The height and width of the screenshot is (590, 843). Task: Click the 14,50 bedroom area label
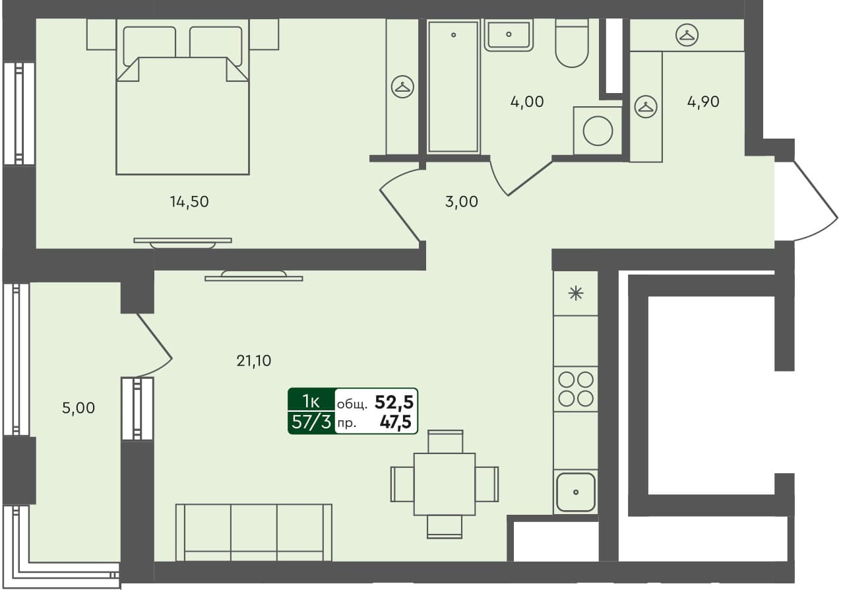(189, 203)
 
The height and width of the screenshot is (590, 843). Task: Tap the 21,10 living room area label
(254, 360)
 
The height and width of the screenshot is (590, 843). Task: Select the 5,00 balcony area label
(78, 409)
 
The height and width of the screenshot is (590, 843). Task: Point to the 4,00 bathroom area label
(527, 102)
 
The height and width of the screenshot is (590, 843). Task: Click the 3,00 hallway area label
(462, 203)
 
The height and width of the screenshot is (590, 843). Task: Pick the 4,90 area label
(702, 102)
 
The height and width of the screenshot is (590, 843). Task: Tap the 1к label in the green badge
(311, 401)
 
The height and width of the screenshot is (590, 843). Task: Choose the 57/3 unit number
(311, 423)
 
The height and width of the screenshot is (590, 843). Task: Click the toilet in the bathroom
(571, 45)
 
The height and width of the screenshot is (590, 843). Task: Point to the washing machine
(598, 130)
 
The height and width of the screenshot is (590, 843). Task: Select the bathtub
(453, 86)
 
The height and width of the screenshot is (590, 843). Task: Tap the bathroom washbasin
(508, 34)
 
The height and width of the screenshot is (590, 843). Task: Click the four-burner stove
(576, 389)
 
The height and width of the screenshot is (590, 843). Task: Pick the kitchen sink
(576, 492)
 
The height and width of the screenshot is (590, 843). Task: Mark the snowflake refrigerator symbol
(576, 294)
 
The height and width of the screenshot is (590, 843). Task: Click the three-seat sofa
(254, 532)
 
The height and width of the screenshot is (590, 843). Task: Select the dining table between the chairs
(445, 484)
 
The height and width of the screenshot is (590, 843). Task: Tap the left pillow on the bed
(149, 42)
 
